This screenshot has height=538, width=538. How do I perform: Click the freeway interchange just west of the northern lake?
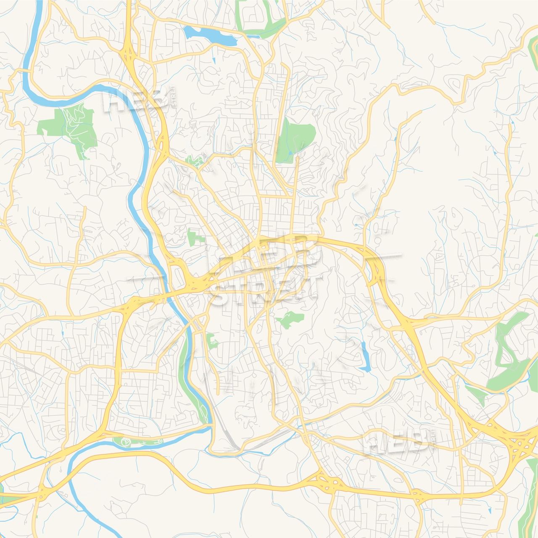coord(129,55)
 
